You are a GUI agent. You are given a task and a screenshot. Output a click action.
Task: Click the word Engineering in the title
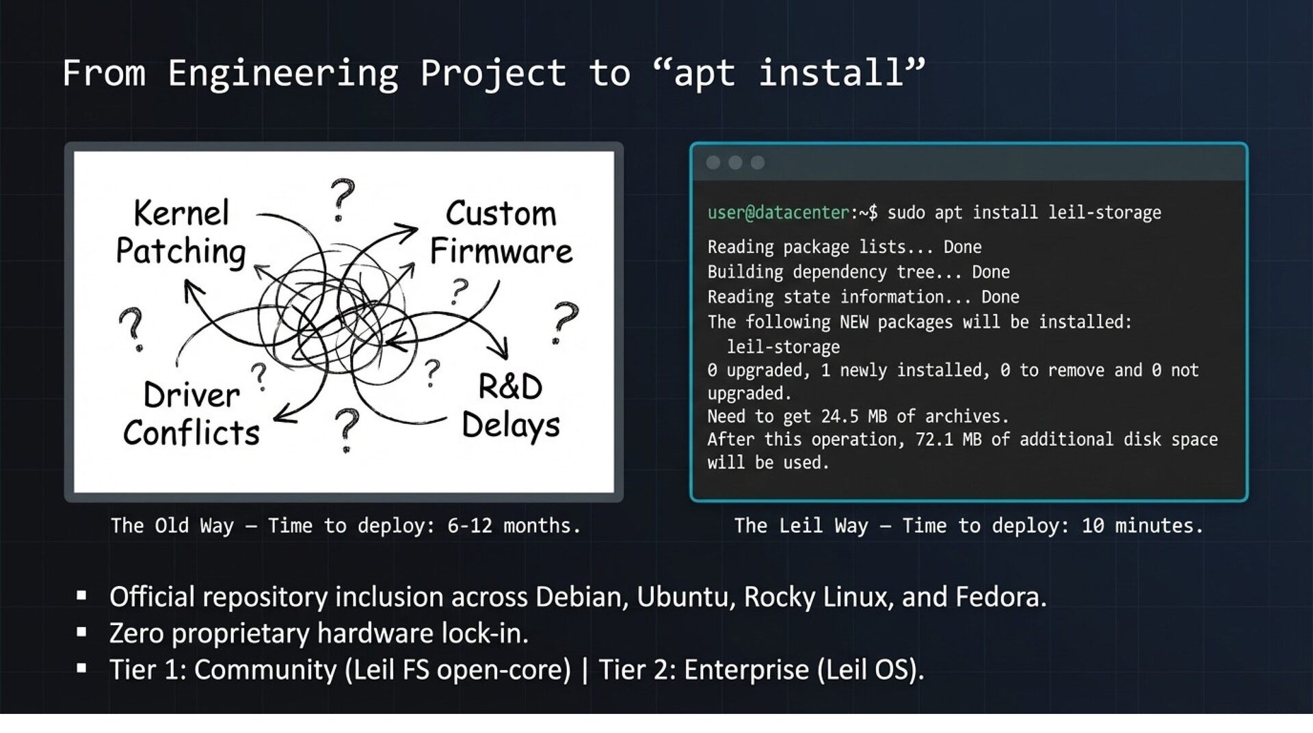coord(282,73)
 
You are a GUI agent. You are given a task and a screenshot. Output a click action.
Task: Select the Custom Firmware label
coord(501,232)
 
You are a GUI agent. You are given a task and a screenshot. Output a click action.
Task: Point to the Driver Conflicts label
coord(191,414)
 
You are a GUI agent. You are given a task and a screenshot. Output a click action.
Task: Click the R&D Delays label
coord(510,406)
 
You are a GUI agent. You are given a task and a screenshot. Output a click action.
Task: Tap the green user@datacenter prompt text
coord(778,213)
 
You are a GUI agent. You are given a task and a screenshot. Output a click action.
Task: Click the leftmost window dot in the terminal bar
coord(713,162)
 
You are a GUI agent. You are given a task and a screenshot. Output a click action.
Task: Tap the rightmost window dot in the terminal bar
coord(758,162)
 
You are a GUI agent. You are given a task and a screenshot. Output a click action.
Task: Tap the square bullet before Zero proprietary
coord(82,632)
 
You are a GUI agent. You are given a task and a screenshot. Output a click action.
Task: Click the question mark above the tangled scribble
coord(342,199)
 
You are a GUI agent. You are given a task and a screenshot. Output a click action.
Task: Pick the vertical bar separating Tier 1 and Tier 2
coord(585,669)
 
